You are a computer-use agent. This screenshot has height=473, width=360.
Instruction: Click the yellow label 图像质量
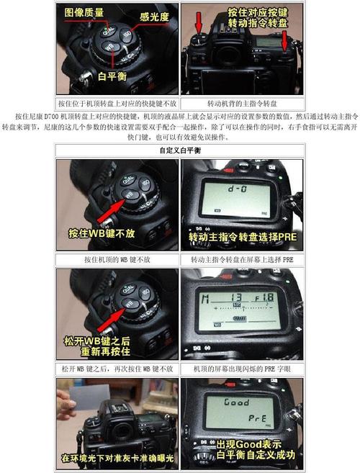coord(84,12)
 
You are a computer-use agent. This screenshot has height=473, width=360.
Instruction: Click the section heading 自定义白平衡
coord(179,150)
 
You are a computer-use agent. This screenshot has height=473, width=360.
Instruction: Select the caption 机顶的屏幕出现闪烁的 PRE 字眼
coord(242,369)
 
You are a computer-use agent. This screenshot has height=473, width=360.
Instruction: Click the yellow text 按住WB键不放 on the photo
coord(102,235)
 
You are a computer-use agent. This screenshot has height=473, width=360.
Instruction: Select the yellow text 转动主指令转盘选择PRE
coord(243,237)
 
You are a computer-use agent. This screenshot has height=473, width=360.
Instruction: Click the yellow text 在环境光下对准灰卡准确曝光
coord(117,457)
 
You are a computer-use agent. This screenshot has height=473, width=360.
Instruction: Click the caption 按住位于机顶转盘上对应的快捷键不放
coord(117,103)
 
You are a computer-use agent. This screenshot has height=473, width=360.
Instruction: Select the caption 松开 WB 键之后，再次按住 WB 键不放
coord(117,369)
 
